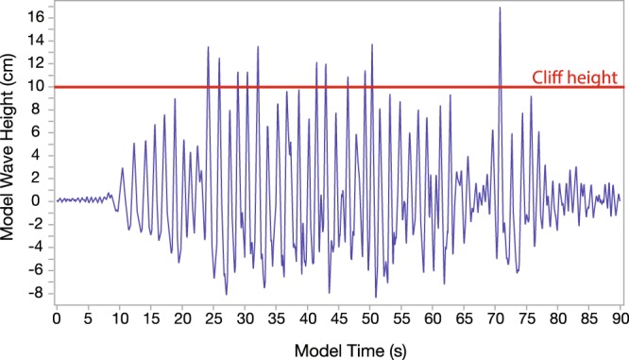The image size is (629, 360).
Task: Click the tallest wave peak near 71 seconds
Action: (x=500, y=9)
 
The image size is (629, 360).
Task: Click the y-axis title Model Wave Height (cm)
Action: (x=11, y=156)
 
